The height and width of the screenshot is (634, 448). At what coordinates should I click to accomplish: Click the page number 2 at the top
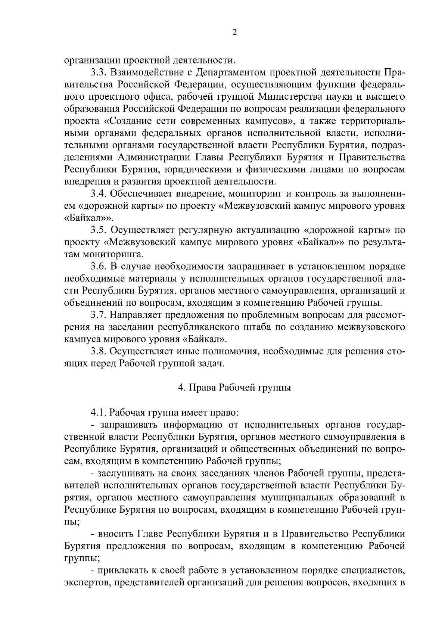pos(234,32)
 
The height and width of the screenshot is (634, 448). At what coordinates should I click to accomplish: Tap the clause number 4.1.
pos(98,413)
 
